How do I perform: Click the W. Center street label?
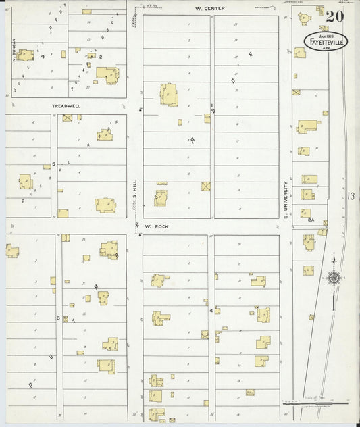(x=209, y=8)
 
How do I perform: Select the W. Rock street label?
(x=155, y=227)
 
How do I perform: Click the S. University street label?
(x=286, y=199)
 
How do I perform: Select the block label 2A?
(x=311, y=220)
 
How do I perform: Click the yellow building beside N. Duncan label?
(x=26, y=54)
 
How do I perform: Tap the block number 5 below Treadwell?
(x=53, y=164)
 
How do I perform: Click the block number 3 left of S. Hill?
(x=58, y=317)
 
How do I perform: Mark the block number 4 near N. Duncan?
(x=42, y=57)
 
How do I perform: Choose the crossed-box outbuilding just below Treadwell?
(x=68, y=118)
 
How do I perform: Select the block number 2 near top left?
(x=101, y=57)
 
